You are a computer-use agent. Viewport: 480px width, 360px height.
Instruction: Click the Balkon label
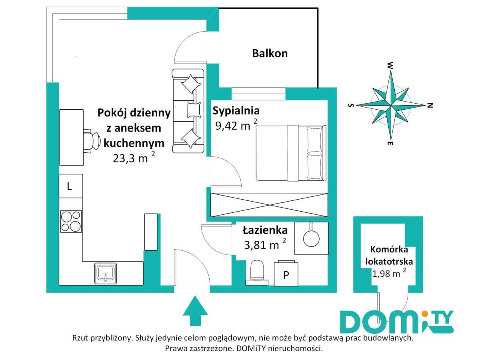click(x=270, y=54)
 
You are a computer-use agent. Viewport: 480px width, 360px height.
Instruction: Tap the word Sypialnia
click(x=236, y=111)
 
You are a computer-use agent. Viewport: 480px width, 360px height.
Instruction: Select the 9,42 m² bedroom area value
click(x=236, y=125)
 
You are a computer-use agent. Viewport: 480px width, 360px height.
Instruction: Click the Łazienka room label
click(x=265, y=231)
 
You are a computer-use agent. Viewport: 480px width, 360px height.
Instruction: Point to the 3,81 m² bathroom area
click(x=265, y=244)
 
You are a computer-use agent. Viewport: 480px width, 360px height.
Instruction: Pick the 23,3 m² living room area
click(x=134, y=157)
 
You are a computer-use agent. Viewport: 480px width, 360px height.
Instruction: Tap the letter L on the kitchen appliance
click(x=69, y=186)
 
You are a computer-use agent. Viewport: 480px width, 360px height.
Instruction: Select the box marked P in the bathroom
click(x=286, y=274)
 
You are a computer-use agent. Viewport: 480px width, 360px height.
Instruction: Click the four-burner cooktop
click(x=71, y=221)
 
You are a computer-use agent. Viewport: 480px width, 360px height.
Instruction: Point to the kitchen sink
click(x=106, y=273)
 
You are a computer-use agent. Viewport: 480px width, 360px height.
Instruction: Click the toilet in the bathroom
click(x=257, y=273)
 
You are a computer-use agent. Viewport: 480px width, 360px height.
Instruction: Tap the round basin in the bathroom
click(x=311, y=238)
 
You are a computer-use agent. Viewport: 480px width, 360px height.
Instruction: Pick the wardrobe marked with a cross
click(x=269, y=205)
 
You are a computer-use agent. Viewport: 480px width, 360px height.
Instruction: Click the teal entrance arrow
click(x=195, y=311)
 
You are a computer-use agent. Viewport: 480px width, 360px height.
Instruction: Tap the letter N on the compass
click(x=430, y=105)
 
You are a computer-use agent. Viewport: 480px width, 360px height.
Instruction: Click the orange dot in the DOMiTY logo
click(x=424, y=314)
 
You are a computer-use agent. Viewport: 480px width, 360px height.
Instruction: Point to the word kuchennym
click(x=134, y=143)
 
